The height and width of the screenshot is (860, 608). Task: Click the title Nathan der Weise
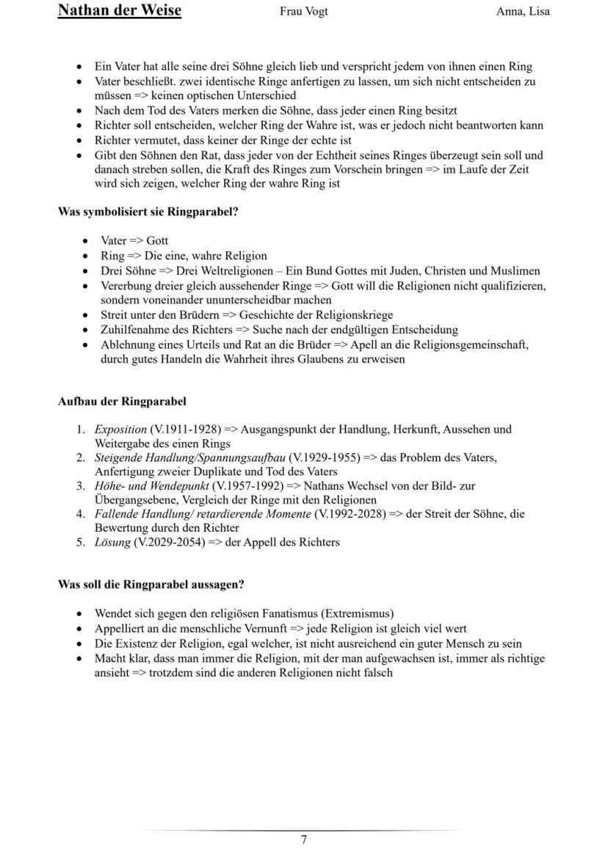pyautogui.click(x=119, y=10)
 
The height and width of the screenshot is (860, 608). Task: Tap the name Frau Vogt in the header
pyautogui.click(x=304, y=11)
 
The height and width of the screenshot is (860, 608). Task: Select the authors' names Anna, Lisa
pyautogui.click(x=523, y=11)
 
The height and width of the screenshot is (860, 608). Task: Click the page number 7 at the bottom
pyautogui.click(x=304, y=840)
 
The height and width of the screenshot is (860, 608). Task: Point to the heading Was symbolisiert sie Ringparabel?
pyautogui.click(x=148, y=212)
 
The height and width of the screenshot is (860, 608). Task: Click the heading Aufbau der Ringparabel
pyautogui.click(x=122, y=401)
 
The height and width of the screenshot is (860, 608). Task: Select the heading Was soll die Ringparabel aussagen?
pyautogui.click(x=151, y=585)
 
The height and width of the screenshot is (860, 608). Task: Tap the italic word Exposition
pyautogui.click(x=120, y=429)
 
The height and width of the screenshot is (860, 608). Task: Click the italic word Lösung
pyautogui.click(x=112, y=542)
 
